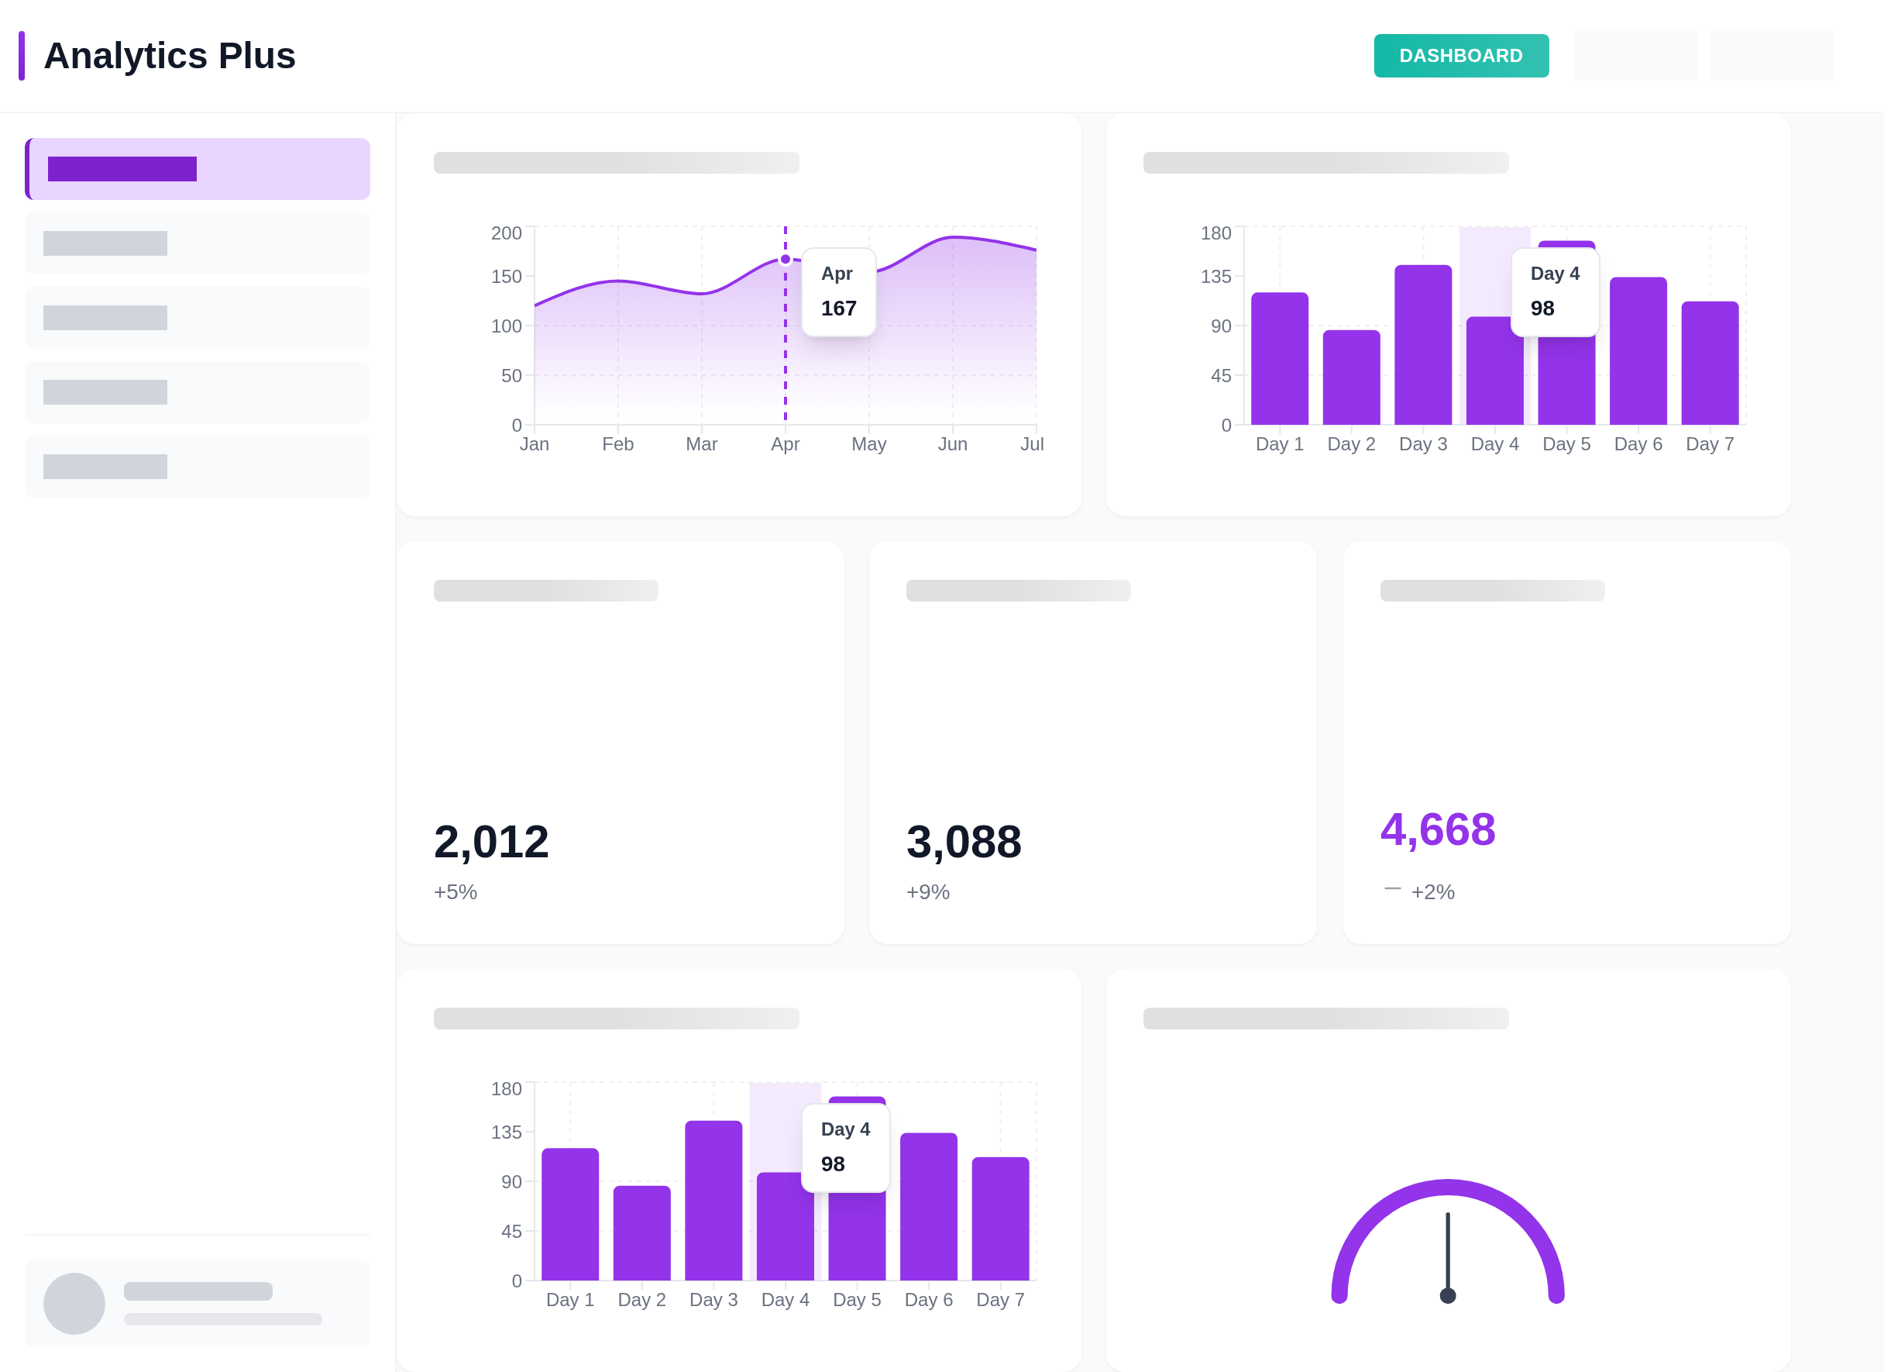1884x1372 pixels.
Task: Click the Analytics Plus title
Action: [170, 56]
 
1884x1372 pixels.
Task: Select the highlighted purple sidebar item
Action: [198, 169]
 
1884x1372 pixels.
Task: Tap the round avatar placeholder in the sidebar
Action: [74, 1303]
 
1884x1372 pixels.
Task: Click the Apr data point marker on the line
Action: [785, 259]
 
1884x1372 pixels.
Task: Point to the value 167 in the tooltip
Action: [838, 309]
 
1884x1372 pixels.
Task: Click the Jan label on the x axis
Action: [534, 443]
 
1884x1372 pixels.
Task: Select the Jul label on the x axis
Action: [1032, 443]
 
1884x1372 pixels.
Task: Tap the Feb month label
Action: [617, 443]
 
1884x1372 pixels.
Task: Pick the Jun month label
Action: [952, 443]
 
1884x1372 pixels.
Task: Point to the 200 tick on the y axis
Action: [506, 233]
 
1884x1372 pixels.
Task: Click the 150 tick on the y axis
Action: [506, 276]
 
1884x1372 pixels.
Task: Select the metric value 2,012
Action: [491, 841]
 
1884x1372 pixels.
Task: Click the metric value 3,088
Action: [964, 841]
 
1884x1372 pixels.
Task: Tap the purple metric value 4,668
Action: [1437, 829]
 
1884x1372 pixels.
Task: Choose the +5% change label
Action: [456, 891]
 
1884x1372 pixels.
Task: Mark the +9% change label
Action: [927, 891]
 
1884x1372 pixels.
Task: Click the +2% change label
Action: [1432, 891]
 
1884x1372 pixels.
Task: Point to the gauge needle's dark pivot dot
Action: [1447, 1294]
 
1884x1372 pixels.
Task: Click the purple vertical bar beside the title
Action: [22, 56]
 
